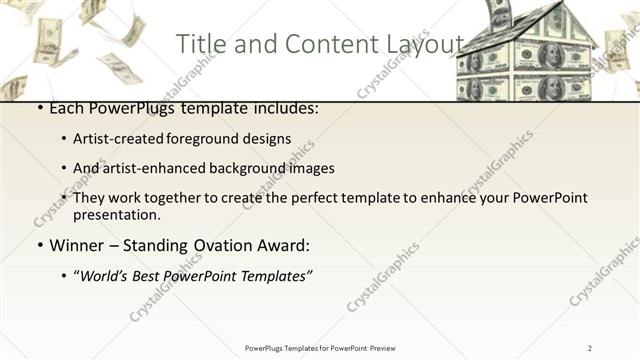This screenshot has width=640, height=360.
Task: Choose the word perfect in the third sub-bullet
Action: click(x=326, y=198)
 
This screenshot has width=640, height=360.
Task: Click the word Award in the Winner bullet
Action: click(x=283, y=245)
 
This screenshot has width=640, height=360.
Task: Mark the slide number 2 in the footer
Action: click(x=590, y=348)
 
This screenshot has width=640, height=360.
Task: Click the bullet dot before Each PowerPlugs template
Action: click(x=39, y=108)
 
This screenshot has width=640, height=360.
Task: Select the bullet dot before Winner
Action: click(x=39, y=246)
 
